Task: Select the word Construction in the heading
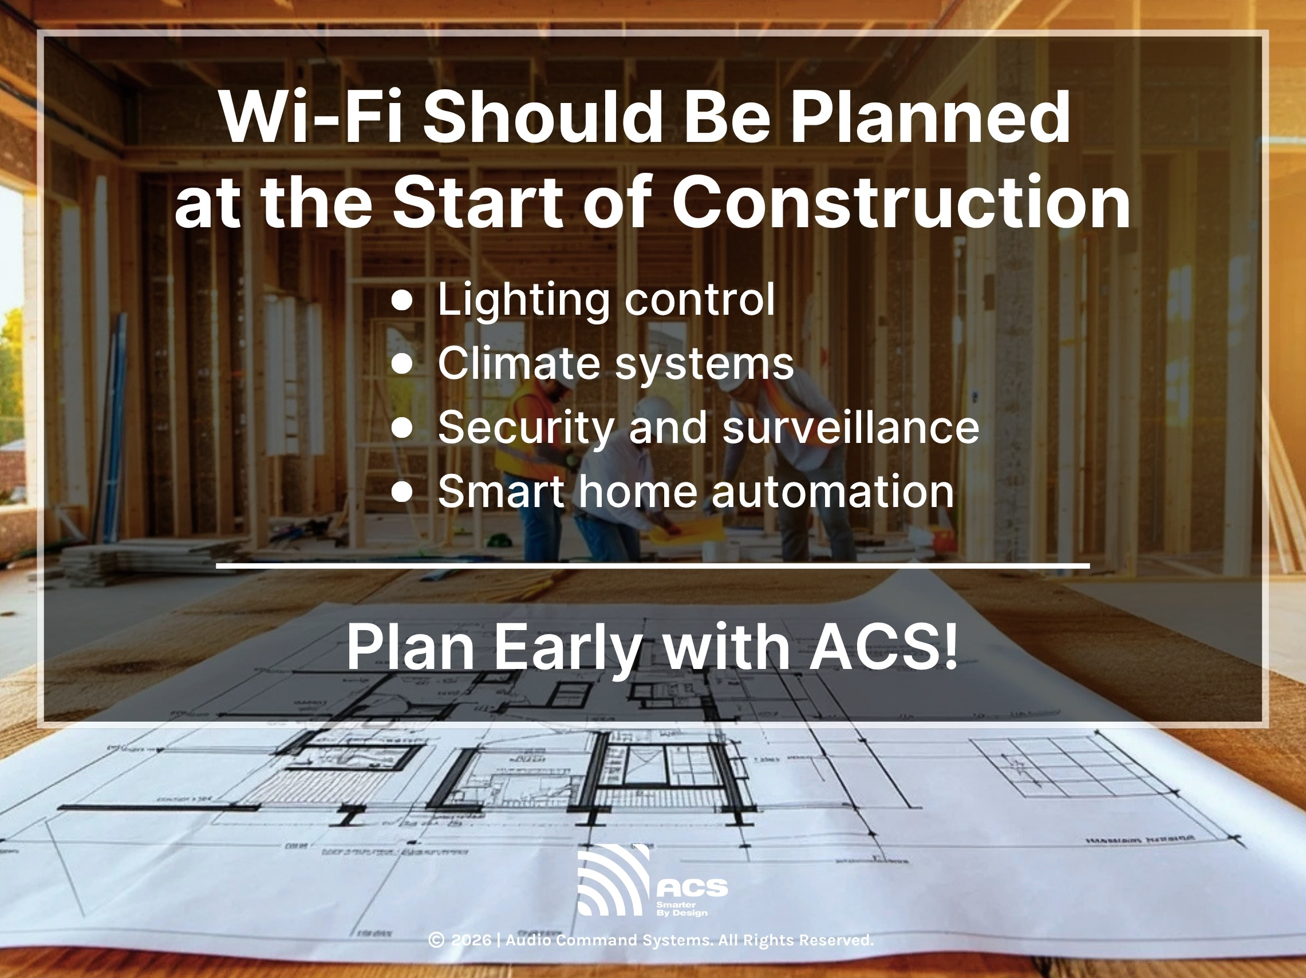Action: tap(901, 203)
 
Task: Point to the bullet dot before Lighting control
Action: tap(402, 300)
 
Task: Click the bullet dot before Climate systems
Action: tap(402, 364)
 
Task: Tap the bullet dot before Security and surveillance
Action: tap(402, 428)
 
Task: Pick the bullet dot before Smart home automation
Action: tap(402, 492)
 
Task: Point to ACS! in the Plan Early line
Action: tap(883, 647)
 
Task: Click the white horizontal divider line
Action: tap(652, 565)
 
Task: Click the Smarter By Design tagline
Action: tap(681, 909)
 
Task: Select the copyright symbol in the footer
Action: tap(436, 940)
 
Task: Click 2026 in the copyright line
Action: tap(471, 940)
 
